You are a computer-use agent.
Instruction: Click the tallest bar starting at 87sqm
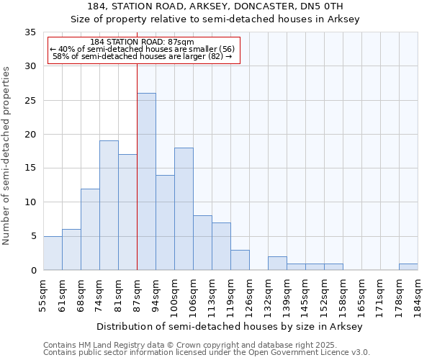click(x=146, y=181)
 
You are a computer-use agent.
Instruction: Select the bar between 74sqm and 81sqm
click(x=109, y=205)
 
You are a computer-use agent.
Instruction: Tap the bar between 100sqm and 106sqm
click(x=184, y=209)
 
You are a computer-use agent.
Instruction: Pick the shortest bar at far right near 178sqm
click(x=408, y=267)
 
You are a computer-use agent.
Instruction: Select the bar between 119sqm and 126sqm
click(x=240, y=260)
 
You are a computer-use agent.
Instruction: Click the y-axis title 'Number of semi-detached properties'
click(x=7, y=156)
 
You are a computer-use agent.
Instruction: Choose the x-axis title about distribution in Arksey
click(x=230, y=326)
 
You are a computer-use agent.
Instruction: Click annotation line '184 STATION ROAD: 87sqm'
click(x=143, y=42)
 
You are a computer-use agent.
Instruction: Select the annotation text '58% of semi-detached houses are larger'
click(x=143, y=56)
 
